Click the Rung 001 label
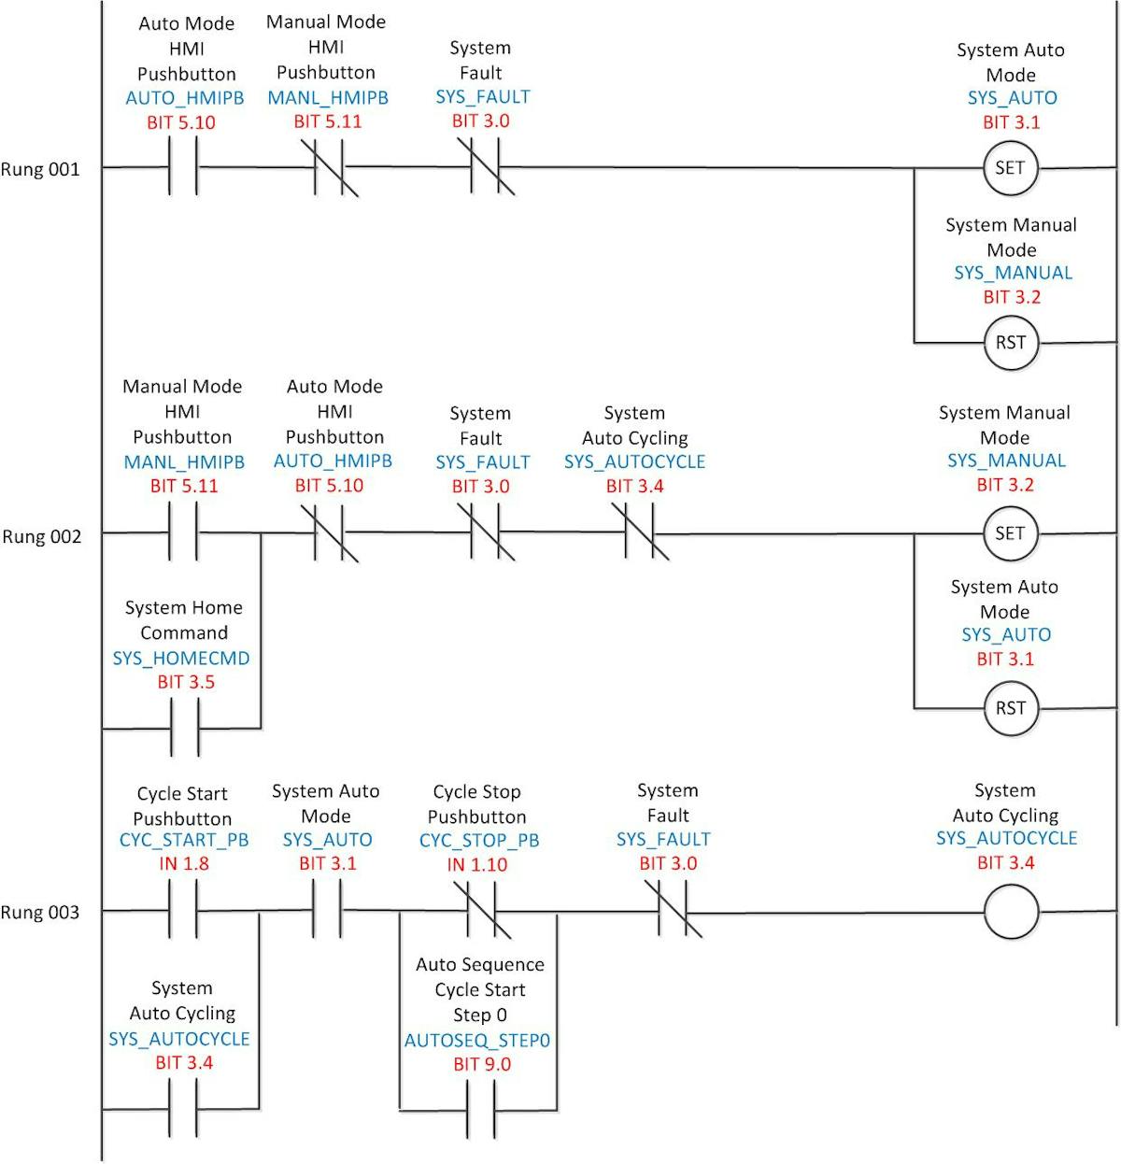tap(40, 169)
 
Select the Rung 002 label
tap(41, 536)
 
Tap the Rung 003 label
tap(40, 912)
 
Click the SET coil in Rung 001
tap(1010, 168)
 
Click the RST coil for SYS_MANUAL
tap(1010, 343)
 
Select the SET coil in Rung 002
tap(1010, 533)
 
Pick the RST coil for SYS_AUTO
tap(1010, 708)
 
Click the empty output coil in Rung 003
tap(1011, 912)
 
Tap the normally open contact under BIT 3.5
tap(184, 729)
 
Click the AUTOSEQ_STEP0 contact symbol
tap(480, 1110)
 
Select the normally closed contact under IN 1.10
tap(481, 911)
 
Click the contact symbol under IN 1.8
tap(183, 911)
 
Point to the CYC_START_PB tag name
tap(184, 840)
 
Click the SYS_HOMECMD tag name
tap(181, 658)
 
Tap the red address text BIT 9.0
tap(482, 1064)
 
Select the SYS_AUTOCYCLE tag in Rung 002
tap(634, 461)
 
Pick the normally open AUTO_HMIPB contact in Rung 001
tap(183, 167)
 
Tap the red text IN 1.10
tap(477, 865)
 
